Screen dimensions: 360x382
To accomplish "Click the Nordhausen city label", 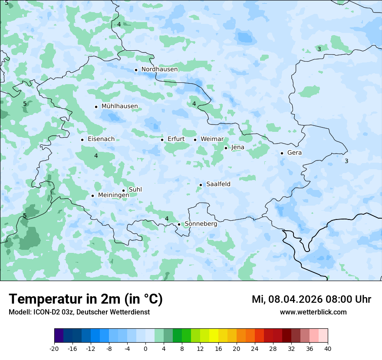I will pos(159,69).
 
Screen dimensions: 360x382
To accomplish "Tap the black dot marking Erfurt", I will pos(162,140).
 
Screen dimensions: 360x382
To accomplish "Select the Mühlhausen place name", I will pos(119,106).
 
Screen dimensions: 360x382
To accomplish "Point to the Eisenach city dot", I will pos(82,140).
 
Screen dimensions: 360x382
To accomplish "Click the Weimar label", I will pos(212,139).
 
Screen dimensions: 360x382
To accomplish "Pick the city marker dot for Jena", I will pos(226,148).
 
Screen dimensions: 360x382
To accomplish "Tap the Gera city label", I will pos(294,153).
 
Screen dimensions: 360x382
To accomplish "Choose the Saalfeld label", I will pos(218,184).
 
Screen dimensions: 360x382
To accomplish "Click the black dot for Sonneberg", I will pos(179,224).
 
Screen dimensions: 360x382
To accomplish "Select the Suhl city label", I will pos(135,190).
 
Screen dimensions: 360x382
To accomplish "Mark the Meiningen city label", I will pos(113,195).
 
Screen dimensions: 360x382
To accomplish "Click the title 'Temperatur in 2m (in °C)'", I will pos(86,299).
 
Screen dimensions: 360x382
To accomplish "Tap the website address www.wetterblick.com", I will pos(313,312).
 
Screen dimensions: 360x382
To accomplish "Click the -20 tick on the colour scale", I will pos(54,349).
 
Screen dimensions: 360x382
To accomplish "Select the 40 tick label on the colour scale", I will pos(327,349).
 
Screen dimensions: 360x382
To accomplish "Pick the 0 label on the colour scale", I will pos(145,349).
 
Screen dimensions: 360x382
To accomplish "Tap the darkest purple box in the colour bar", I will pos(59,336).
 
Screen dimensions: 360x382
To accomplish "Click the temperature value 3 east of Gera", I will pos(346,161).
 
